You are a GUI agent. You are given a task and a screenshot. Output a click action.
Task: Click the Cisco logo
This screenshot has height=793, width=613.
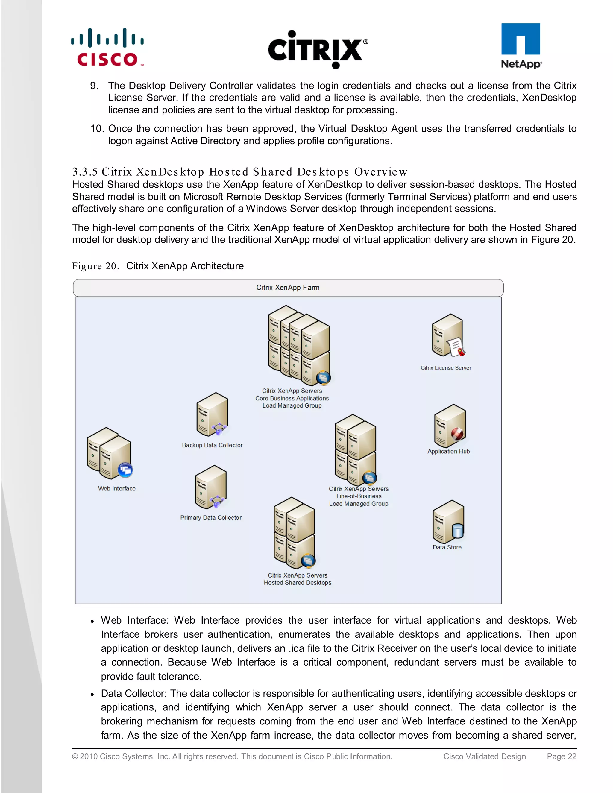click(x=107, y=48)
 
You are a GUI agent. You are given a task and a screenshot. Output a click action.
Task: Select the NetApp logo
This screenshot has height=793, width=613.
click(x=521, y=46)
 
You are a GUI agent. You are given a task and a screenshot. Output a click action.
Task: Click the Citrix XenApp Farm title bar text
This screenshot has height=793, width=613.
click(x=288, y=288)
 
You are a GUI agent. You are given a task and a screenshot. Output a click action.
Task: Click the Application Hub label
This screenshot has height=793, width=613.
click(x=448, y=451)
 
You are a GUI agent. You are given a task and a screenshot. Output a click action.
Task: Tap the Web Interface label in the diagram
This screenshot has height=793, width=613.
click(x=116, y=488)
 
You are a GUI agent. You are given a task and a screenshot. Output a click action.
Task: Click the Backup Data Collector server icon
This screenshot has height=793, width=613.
click(x=212, y=415)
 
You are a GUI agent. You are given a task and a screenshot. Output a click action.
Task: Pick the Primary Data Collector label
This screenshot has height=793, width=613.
click(x=211, y=517)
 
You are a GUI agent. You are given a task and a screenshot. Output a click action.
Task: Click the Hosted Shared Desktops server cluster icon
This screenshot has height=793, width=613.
click(x=295, y=533)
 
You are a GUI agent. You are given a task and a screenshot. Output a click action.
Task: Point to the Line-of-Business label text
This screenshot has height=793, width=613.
click(x=359, y=496)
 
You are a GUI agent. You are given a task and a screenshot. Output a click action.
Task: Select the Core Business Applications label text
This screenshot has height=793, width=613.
click(x=292, y=398)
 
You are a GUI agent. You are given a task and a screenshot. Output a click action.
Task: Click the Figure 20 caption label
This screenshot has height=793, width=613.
click(x=95, y=266)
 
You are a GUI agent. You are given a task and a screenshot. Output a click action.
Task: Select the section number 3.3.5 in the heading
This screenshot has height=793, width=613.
click(x=85, y=172)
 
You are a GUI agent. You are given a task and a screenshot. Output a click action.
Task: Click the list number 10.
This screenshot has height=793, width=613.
click(x=97, y=129)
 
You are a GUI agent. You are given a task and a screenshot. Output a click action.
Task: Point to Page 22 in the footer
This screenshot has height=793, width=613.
click(x=562, y=756)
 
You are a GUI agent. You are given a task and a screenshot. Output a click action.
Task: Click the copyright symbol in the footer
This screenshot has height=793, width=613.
click(x=75, y=756)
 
